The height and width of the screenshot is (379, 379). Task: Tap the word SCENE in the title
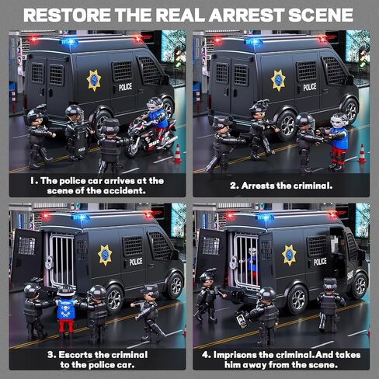tap(321, 15)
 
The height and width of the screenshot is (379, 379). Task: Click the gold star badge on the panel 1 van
tap(94, 80)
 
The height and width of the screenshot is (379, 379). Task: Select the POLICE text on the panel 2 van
tap(310, 87)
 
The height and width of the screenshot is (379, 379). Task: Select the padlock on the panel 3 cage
tap(49, 263)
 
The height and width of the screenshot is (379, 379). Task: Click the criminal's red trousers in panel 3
tap(66, 325)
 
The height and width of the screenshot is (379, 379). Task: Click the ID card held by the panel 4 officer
tap(242, 321)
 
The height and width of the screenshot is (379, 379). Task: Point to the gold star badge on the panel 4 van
tap(289, 256)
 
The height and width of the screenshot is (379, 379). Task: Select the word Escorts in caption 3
tap(75, 355)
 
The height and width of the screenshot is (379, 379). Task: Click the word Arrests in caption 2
tap(258, 186)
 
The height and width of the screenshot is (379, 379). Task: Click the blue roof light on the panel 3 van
tap(81, 217)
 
